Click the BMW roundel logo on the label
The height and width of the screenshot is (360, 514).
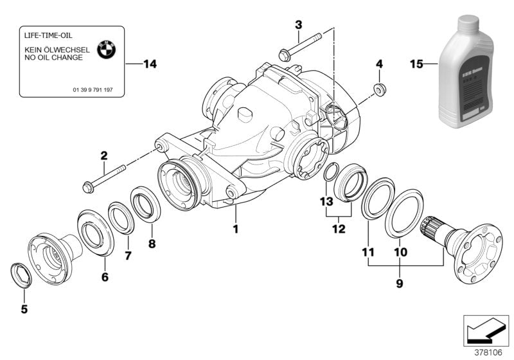[105, 50]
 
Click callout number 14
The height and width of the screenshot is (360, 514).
[150, 64]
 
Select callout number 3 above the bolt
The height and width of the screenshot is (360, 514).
[298, 24]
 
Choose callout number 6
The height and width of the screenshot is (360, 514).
[105, 277]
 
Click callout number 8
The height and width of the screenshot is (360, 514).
[152, 244]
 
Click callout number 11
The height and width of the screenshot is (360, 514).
[368, 253]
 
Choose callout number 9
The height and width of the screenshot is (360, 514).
[399, 282]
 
